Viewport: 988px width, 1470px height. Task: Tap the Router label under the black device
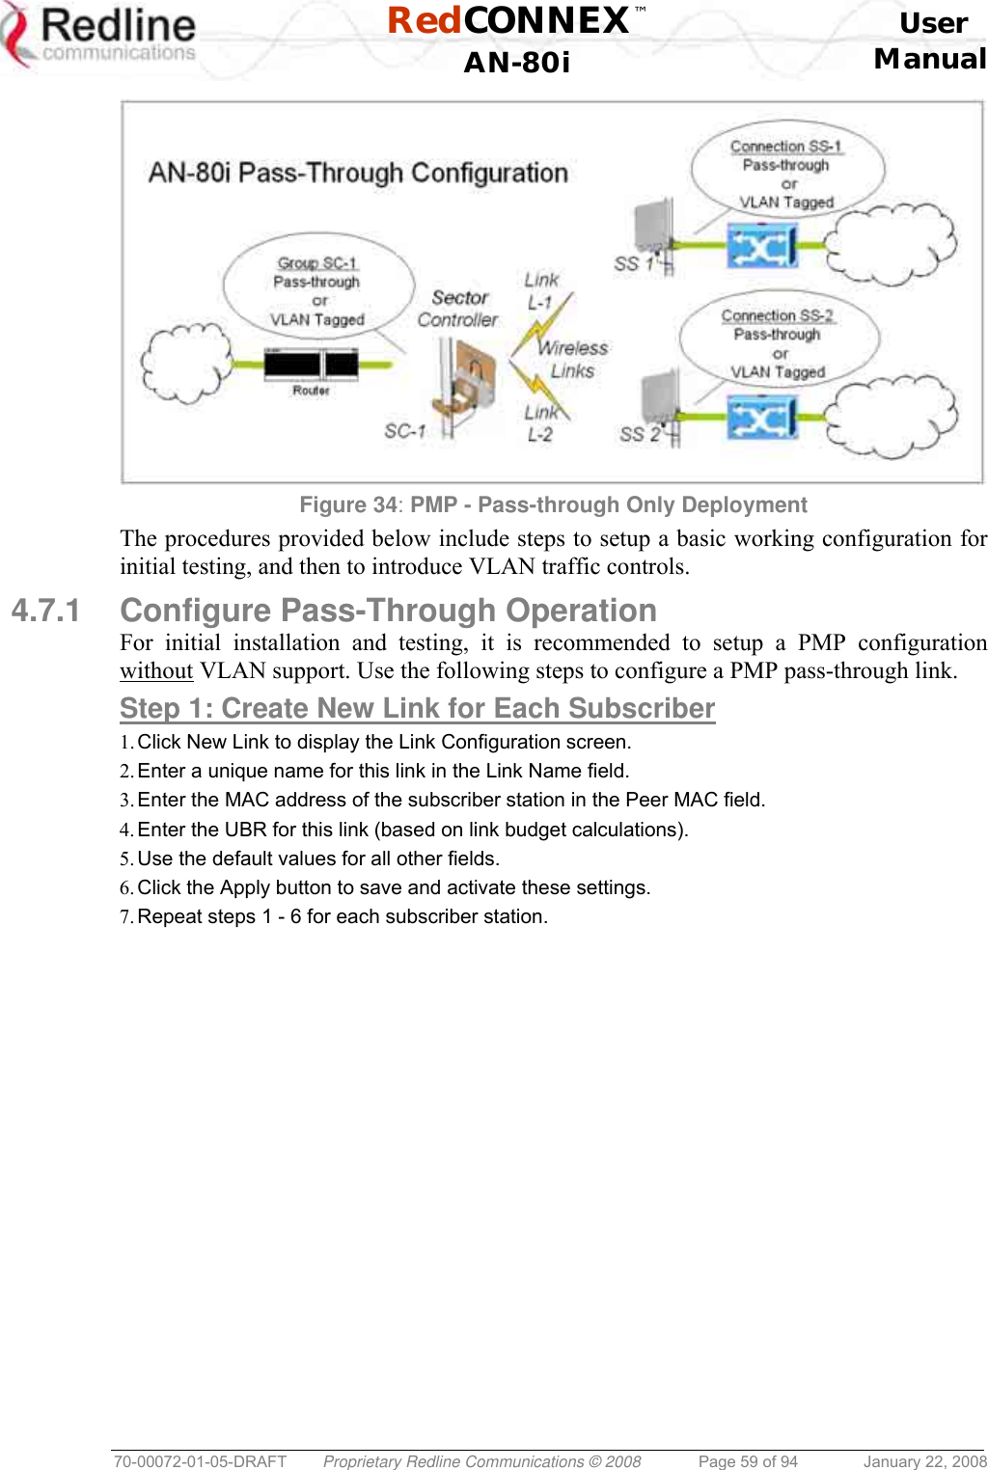tap(311, 391)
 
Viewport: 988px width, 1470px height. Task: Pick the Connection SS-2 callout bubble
tap(778, 342)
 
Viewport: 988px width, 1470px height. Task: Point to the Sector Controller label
tap(458, 309)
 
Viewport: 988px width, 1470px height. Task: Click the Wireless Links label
tap(573, 359)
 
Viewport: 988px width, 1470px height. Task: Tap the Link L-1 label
tap(541, 290)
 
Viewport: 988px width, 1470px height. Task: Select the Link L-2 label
tap(540, 422)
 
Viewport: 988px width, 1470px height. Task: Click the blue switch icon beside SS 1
tap(761, 247)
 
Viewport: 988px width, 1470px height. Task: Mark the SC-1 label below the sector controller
tap(404, 431)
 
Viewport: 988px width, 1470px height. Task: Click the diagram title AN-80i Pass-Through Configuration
tap(358, 173)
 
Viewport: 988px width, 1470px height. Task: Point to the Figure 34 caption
tap(553, 504)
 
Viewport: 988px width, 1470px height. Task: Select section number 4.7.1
tap(45, 611)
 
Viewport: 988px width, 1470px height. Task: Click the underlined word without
tap(156, 670)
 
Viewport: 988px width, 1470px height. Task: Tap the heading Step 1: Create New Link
tap(417, 708)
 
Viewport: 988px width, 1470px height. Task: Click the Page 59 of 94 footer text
tap(748, 1461)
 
